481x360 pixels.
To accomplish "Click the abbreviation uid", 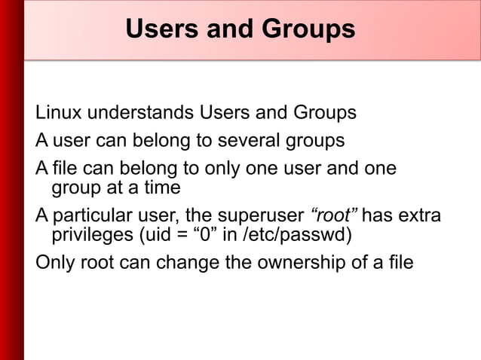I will [152, 235].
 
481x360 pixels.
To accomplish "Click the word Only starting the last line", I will [54, 264].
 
